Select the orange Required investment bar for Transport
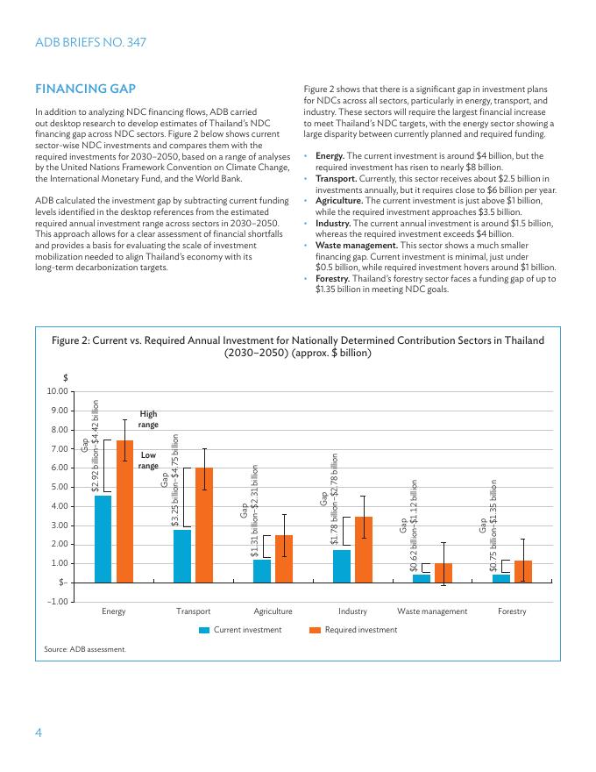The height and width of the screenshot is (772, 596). click(204, 525)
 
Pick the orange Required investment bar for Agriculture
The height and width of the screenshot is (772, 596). click(284, 559)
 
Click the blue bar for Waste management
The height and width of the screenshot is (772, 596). click(422, 578)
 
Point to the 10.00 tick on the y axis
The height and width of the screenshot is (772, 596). click(57, 391)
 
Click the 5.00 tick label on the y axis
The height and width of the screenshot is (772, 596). click(59, 487)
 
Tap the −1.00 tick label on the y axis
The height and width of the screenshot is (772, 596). click(57, 602)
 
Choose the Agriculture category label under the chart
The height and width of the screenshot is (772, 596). click(273, 611)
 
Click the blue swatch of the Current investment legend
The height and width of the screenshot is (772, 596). click(204, 630)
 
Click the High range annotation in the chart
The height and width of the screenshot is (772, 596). click(149, 418)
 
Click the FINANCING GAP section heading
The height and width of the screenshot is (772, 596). click(84, 89)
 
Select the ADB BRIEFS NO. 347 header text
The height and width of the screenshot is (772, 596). click(90, 42)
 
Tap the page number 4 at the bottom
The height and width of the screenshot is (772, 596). click(39, 733)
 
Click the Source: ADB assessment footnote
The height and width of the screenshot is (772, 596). click(85, 649)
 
